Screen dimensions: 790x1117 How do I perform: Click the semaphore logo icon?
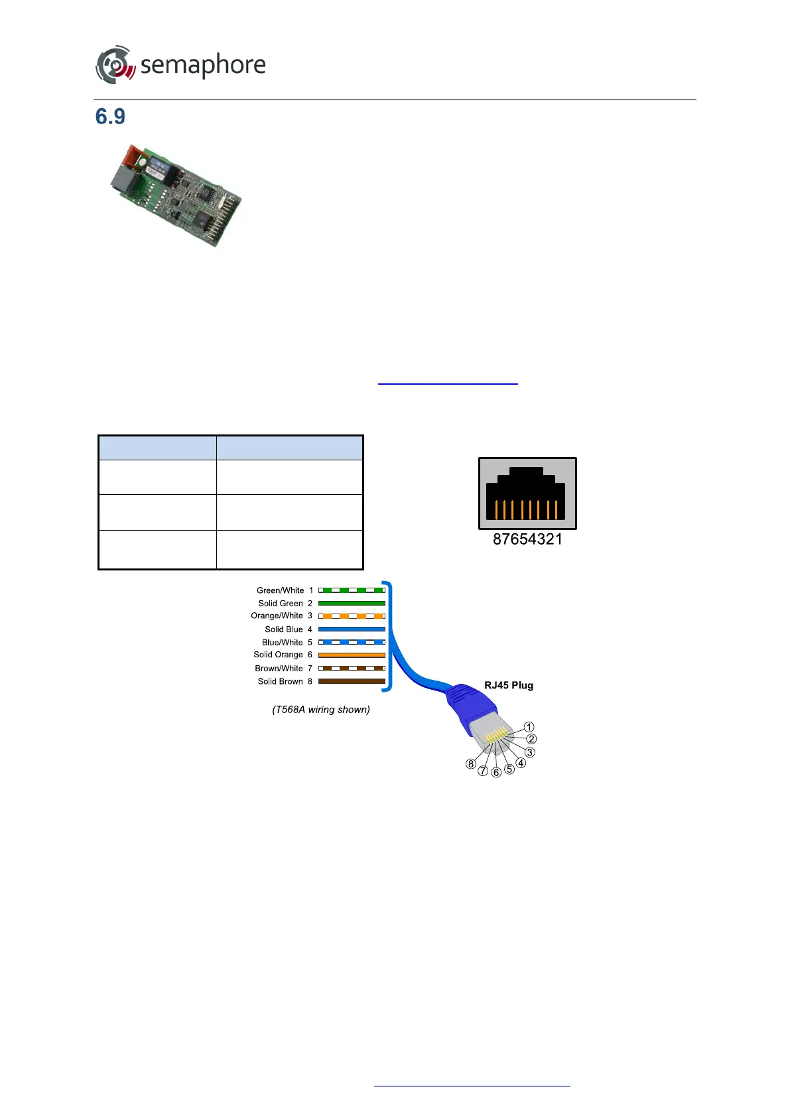point(115,65)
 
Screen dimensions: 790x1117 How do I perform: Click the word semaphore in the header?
point(203,65)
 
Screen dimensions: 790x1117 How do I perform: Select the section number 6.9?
point(110,117)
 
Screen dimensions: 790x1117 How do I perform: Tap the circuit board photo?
point(176,196)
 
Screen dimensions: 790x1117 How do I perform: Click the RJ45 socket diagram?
point(527,493)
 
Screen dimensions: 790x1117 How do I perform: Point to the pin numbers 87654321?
point(527,539)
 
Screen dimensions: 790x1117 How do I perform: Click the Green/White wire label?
point(280,590)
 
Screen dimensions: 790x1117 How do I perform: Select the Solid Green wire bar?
point(352,604)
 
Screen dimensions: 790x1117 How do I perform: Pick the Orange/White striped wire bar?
point(352,616)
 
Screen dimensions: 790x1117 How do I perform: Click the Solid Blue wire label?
point(283,629)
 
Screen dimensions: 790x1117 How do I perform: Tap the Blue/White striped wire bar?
point(352,642)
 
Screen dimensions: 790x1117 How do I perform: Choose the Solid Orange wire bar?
point(352,655)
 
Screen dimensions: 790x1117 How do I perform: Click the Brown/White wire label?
point(279,669)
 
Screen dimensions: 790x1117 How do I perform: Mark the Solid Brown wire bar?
point(352,681)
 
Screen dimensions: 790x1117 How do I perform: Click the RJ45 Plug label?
point(509,685)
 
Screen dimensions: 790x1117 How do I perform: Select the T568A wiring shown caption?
point(321,710)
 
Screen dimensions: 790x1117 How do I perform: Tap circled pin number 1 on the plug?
point(529,727)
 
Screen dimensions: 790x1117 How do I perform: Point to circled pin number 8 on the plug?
point(471,763)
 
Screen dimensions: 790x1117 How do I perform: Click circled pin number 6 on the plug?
point(496,772)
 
